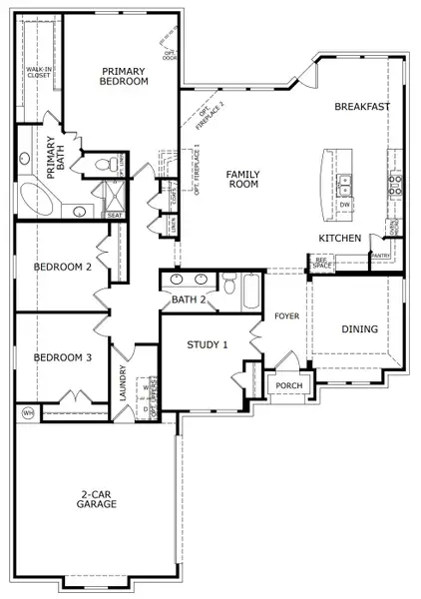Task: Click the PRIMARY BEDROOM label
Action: coord(124,75)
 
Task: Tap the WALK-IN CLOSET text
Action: coord(38,71)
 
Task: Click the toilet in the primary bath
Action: coord(103,165)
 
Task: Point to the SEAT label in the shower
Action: coord(115,215)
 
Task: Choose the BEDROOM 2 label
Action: coord(62,268)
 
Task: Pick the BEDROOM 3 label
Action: coord(62,357)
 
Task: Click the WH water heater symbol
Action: coord(27,412)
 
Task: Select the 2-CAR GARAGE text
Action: coord(98,498)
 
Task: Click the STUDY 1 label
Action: coord(208,344)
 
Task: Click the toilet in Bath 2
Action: coord(227,288)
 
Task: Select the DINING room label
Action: coord(360,327)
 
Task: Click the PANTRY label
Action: coord(380,256)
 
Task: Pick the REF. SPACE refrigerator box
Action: coord(322,264)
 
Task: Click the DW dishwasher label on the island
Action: coord(344,205)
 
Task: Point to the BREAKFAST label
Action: coord(361,106)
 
